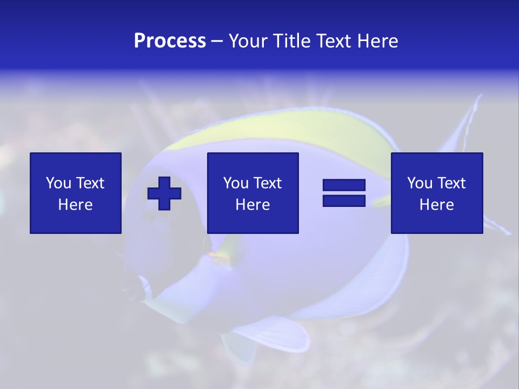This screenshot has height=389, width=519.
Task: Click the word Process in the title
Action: pos(170,41)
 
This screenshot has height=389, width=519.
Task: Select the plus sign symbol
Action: pos(164,193)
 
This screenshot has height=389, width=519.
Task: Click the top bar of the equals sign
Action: pos(344,185)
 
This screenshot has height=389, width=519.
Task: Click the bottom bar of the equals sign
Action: pos(344,200)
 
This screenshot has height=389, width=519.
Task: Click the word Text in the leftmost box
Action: pos(90,183)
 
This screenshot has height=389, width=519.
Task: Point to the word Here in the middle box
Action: pos(253,205)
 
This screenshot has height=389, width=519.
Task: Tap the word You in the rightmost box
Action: pos(420,183)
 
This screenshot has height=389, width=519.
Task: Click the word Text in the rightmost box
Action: pos(451,183)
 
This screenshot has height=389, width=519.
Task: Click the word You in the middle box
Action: pos(236,183)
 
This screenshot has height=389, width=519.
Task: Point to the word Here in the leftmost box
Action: pos(76,205)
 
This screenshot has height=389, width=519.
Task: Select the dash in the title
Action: pos(217,41)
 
